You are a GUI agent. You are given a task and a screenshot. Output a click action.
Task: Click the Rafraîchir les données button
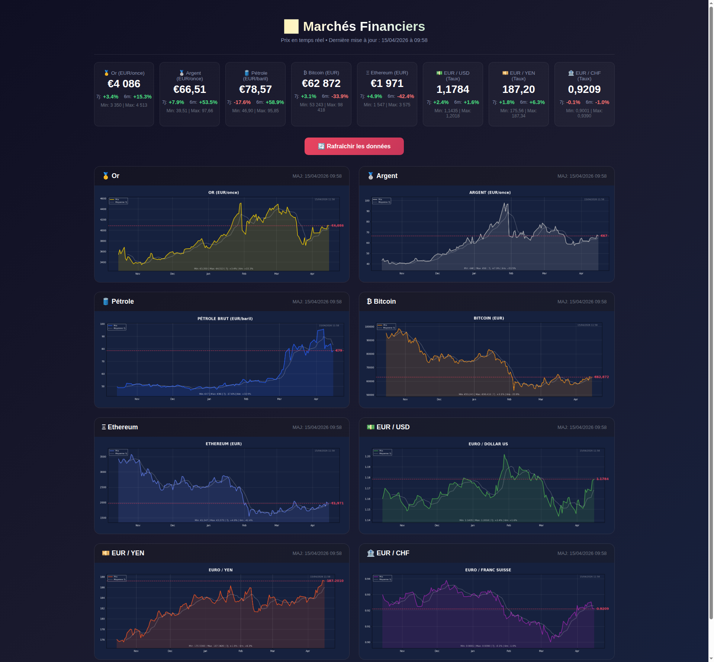coord(354,146)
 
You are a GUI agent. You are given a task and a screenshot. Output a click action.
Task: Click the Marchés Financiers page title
coord(364,26)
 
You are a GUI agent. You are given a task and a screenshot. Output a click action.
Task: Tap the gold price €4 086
coord(124,84)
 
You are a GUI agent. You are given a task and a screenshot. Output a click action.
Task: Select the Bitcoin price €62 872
coord(321,83)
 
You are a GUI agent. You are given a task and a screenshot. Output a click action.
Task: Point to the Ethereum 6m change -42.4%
coord(405,96)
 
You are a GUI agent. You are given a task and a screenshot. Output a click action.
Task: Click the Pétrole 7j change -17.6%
coord(242,102)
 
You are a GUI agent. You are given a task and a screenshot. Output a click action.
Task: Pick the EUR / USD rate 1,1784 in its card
coord(453,89)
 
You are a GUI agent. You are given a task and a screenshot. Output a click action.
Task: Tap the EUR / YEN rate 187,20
coord(518,89)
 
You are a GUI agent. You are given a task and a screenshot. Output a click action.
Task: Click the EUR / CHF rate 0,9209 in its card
coord(584,89)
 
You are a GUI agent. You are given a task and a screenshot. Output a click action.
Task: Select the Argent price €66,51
coord(190,89)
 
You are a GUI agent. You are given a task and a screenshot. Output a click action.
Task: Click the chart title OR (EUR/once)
coord(223,193)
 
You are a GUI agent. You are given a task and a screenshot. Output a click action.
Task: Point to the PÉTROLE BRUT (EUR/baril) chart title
coord(225,319)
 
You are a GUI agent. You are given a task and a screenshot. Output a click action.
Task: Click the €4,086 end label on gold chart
coord(337,226)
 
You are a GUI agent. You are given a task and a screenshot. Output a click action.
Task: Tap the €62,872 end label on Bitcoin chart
coord(601,377)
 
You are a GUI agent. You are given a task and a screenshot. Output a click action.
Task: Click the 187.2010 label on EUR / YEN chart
coord(335,581)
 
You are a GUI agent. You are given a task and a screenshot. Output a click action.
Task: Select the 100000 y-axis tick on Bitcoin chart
coord(369,327)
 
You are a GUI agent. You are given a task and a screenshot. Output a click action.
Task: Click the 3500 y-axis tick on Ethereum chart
coord(103,456)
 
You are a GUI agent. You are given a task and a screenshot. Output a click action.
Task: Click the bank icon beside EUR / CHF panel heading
coord(370,553)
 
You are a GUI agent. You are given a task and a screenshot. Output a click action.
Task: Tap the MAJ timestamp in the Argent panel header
coord(582,176)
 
